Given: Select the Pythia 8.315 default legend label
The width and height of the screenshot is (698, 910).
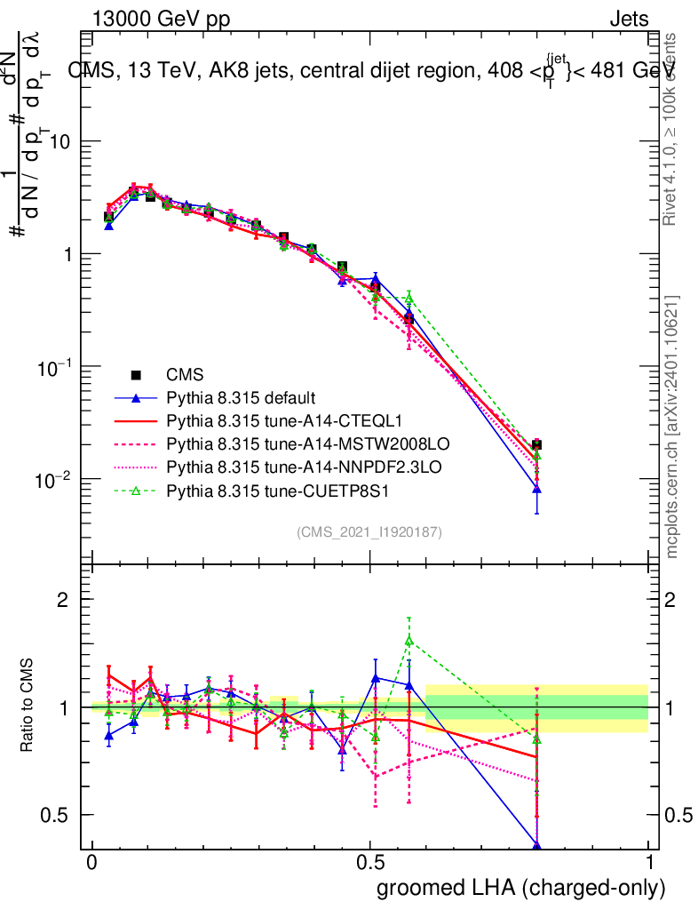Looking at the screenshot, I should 242,397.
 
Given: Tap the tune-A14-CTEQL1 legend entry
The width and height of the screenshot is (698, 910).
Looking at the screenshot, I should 275,420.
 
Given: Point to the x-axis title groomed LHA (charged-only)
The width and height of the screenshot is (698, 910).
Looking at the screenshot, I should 521,889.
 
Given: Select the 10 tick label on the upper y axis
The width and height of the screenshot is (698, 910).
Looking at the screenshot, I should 59,142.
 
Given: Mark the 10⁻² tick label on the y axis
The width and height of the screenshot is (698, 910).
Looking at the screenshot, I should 54,481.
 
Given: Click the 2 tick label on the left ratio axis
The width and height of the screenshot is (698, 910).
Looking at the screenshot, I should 63,600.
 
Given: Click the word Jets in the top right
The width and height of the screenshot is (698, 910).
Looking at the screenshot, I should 629,20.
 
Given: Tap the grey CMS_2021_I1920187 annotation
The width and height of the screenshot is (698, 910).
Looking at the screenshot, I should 369,531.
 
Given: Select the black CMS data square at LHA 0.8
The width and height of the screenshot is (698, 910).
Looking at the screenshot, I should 536,444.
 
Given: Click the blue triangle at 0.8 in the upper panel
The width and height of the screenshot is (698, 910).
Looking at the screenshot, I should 536,489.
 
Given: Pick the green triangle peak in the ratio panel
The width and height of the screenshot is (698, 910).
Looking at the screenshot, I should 408,640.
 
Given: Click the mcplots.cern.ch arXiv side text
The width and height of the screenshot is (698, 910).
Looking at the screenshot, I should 673,427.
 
